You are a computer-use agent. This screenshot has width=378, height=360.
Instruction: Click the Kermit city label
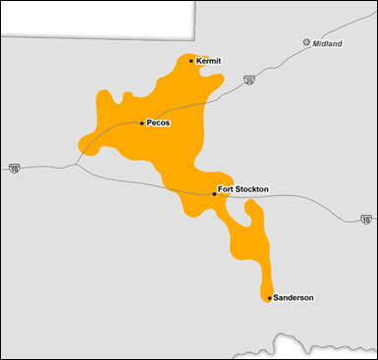(209, 61)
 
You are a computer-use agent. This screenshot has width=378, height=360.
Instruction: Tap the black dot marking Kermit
(191, 61)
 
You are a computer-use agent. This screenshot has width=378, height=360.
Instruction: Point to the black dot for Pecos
(142, 123)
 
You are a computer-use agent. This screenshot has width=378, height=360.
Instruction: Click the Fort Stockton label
(243, 188)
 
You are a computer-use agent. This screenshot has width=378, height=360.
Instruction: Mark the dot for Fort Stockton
(214, 194)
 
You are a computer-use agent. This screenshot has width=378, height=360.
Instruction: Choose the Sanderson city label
(294, 297)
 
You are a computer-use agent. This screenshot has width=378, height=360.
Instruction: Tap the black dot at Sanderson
(269, 297)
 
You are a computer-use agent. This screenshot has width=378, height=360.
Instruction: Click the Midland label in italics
(327, 43)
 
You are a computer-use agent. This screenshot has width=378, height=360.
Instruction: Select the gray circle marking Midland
(306, 42)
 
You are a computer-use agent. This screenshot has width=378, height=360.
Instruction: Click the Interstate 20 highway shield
(249, 80)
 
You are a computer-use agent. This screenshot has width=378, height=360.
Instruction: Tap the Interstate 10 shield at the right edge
(364, 219)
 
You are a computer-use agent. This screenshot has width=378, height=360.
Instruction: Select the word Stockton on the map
(252, 188)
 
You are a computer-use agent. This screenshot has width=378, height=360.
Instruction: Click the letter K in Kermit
(199, 61)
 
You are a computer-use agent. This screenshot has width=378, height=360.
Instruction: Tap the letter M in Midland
(316, 43)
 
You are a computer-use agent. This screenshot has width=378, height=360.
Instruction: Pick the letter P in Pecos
(149, 123)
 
